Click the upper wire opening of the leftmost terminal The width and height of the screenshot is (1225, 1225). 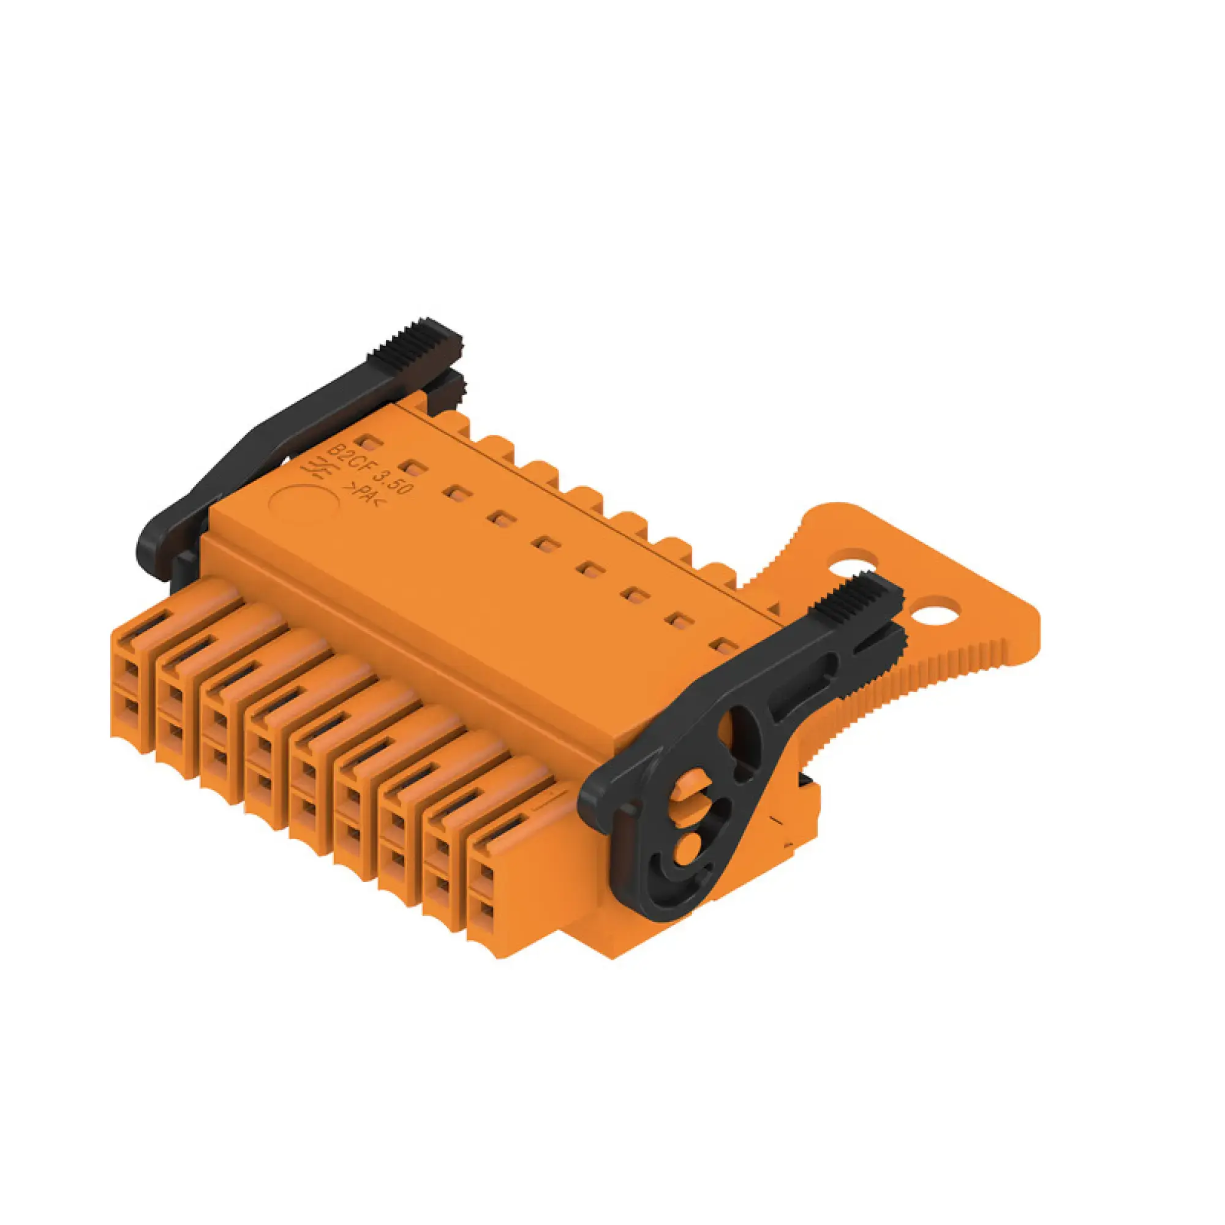(130, 669)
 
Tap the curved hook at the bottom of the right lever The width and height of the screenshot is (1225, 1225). (672, 888)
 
